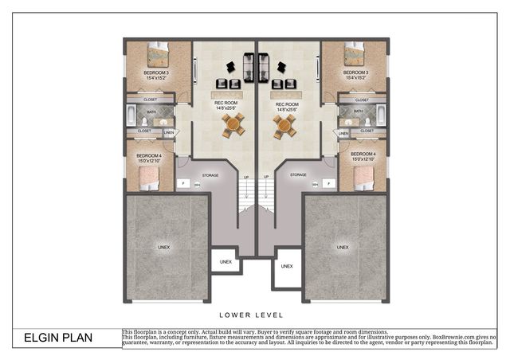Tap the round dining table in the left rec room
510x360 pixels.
pyautogui.click(x=233, y=124)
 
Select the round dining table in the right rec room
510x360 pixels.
pyautogui.click(x=284, y=124)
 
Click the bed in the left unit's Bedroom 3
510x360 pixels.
pyautogui.click(x=158, y=56)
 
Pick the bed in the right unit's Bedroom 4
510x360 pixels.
pyautogui.click(x=363, y=177)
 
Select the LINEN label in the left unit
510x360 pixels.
pyautogui.click(x=169, y=133)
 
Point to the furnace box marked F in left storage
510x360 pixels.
pyautogui.click(x=182, y=184)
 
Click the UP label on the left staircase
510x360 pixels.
pyautogui.click(x=245, y=177)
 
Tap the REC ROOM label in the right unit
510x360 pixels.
pyautogui.click(x=287, y=104)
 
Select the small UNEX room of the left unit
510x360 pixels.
pyautogui.click(x=226, y=262)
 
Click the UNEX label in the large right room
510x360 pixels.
pyautogui.click(x=343, y=248)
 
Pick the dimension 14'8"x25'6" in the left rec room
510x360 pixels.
pyautogui.click(x=230, y=109)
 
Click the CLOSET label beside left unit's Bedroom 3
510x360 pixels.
pyautogui.click(x=150, y=100)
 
